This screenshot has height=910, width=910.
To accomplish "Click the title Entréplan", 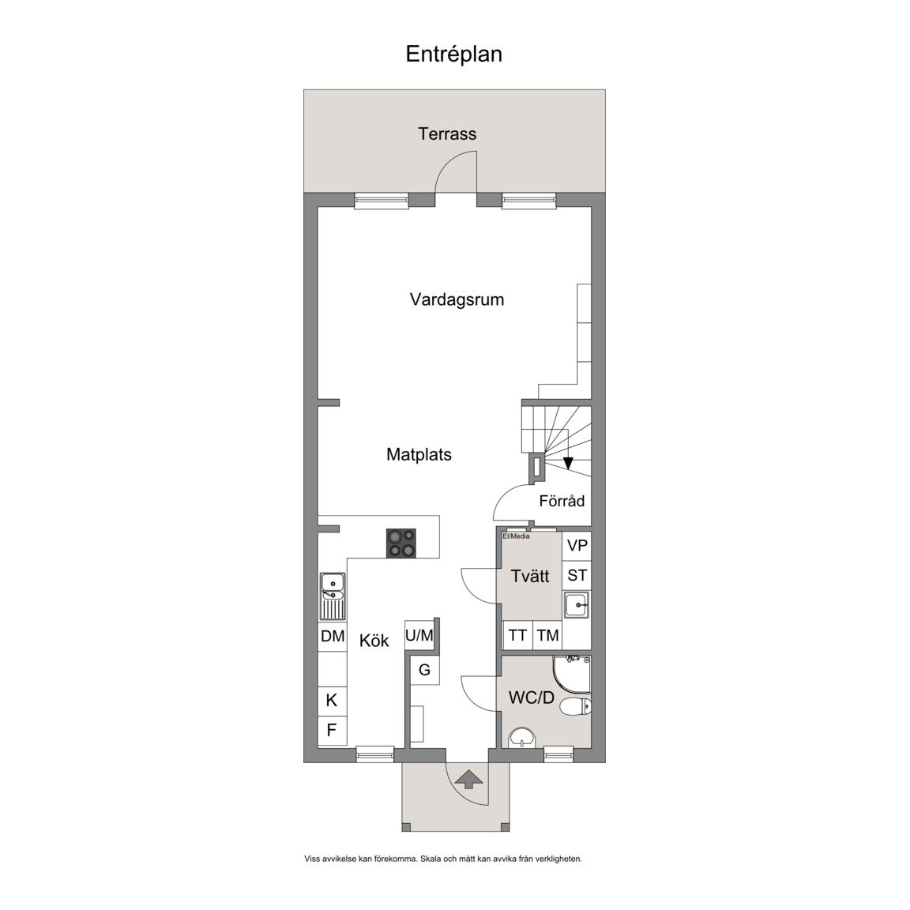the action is (x=454, y=54).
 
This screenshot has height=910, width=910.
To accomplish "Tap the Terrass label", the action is (x=447, y=134).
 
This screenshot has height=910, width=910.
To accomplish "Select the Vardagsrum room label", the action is (x=457, y=300).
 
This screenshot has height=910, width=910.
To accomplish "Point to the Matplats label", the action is (x=419, y=454).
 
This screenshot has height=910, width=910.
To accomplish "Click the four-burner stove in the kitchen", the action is (x=401, y=543).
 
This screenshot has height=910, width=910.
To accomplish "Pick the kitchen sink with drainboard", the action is (x=333, y=596).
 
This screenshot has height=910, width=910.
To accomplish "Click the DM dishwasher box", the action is (x=333, y=637).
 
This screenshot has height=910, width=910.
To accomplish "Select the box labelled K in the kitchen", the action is (x=333, y=701).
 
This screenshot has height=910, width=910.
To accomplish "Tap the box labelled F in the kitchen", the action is (x=333, y=730).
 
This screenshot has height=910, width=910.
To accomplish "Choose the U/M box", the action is (x=419, y=635).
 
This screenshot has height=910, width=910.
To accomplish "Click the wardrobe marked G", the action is (x=424, y=670).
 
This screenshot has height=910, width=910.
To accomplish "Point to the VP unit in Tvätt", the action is (x=577, y=546).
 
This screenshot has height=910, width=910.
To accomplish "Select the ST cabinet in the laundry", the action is (x=577, y=576).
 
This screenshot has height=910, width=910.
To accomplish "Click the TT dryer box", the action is (x=517, y=635).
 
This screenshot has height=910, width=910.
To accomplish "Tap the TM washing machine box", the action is (x=548, y=635).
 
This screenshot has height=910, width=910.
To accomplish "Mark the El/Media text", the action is (x=516, y=536).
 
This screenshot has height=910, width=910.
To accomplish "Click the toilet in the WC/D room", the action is (x=577, y=706).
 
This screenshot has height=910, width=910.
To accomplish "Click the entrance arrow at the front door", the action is (x=468, y=779).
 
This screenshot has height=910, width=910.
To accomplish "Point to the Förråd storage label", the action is (x=562, y=501).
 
